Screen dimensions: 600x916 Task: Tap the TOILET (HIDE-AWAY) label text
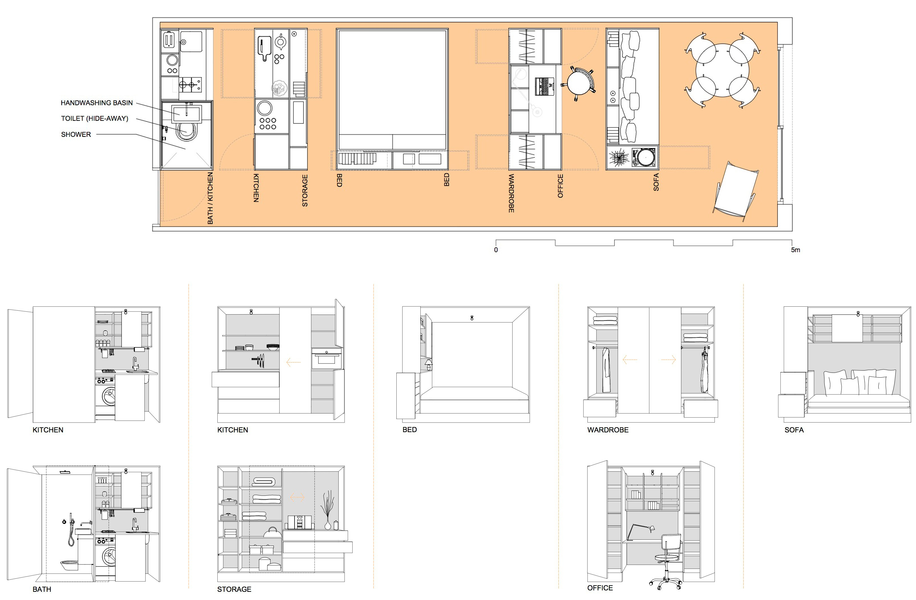pos(94,118)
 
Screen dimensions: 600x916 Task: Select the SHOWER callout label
pos(76,134)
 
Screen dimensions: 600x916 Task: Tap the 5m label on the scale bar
pos(795,250)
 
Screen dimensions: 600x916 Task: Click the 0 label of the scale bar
pos(496,250)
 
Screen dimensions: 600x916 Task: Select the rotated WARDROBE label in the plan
pos(511,193)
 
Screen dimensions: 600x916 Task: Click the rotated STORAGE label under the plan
pos(305,190)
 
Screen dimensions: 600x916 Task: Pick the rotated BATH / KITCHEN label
pos(210,198)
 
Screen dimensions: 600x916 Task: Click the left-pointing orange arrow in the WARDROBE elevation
pos(630,360)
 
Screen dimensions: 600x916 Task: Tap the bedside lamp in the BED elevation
pos(428,364)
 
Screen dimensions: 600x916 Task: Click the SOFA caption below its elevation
pos(794,430)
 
